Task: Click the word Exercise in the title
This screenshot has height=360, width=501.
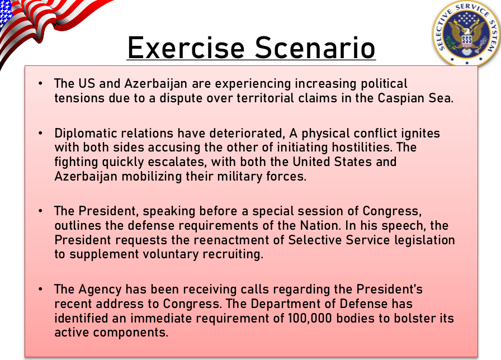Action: (x=186, y=48)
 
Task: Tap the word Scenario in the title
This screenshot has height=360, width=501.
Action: (x=315, y=48)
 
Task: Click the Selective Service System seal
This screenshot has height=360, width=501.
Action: (x=467, y=33)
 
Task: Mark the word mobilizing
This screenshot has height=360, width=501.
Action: (x=152, y=176)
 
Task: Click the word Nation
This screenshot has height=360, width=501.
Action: (x=320, y=225)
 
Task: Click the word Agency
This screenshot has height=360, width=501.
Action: (x=100, y=290)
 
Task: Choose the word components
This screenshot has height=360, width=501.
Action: (x=131, y=333)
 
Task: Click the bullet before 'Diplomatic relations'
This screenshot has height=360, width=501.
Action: (x=40, y=133)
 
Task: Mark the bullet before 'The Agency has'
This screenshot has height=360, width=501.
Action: (x=40, y=289)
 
